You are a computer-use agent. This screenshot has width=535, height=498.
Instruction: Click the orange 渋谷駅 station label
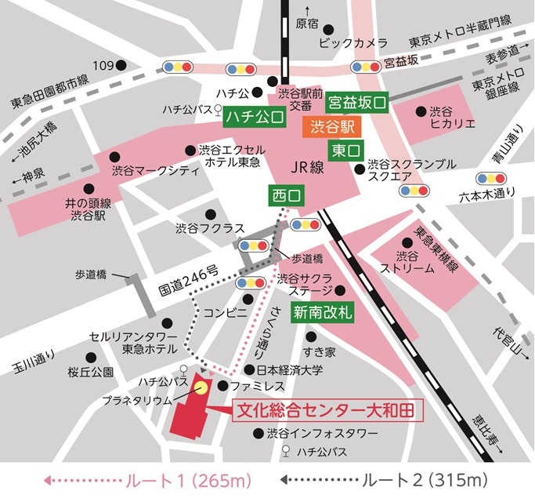[332, 125]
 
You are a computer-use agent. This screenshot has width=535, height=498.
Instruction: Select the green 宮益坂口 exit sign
[357, 101]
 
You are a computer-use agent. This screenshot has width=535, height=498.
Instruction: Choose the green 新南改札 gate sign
[324, 311]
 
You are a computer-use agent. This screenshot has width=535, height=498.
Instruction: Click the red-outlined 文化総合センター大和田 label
[324, 409]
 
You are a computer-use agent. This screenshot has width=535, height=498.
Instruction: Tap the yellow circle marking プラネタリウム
[201, 387]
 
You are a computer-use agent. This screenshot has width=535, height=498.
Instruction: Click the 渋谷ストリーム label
[407, 261]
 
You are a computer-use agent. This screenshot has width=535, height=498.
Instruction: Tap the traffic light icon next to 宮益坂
[365, 67]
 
